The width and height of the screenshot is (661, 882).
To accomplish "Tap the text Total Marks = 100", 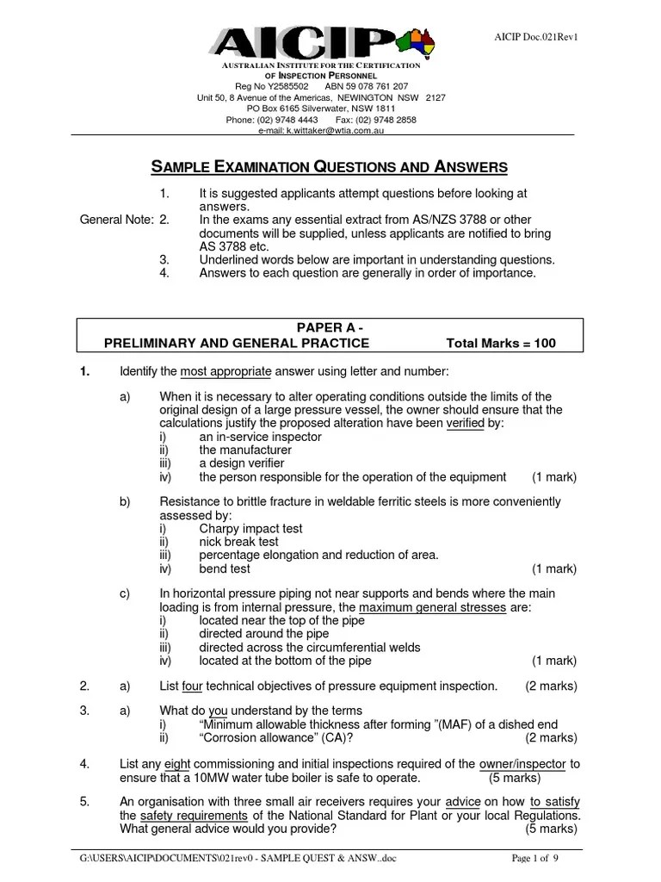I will click(x=501, y=343).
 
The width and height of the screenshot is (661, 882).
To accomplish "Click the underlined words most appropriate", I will click(x=226, y=371).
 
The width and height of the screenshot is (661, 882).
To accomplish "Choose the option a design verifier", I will click(x=241, y=463).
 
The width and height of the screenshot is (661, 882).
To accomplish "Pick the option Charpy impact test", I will click(x=250, y=529).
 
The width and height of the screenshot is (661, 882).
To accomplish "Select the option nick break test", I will click(x=238, y=542).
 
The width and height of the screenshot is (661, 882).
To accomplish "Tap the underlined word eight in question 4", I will click(x=177, y=763).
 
